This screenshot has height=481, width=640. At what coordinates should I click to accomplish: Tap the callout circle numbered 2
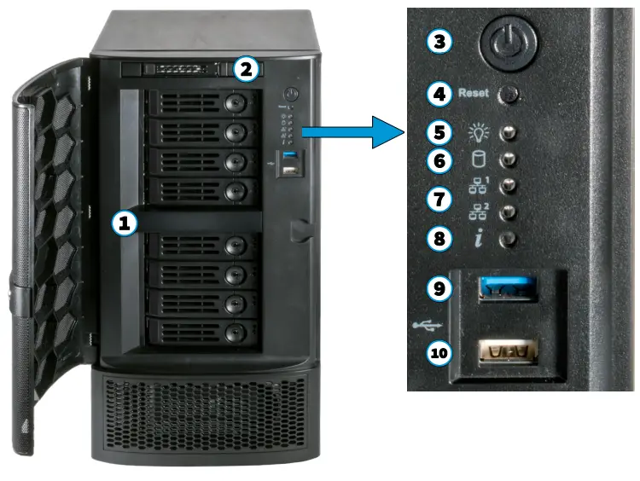tap(245, 70)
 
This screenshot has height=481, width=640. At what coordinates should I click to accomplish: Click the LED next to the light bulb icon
tap(509, 134)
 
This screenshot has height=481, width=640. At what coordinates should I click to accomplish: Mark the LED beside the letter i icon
tap(509, 240)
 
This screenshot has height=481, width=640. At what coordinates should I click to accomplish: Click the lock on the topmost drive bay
tap(235, 102)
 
